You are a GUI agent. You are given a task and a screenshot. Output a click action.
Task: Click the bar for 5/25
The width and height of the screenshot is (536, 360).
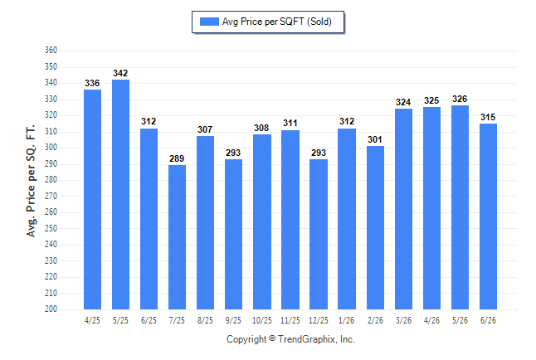(120, 195)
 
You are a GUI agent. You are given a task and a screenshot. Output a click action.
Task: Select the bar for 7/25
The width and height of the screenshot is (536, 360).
(177, 237)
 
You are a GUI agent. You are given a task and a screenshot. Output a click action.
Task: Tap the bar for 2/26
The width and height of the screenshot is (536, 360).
(375, 227)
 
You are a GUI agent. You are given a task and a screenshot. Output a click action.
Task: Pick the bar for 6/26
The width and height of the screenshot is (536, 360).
(488, 216)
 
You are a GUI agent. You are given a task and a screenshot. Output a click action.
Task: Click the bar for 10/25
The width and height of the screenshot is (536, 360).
(262, 221)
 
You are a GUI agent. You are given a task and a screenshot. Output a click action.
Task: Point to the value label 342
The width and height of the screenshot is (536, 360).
(120, 73)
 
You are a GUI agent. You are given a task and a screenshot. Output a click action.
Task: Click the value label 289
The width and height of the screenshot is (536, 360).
(177, 158)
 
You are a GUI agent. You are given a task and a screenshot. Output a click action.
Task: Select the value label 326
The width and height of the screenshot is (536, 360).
(460, 100)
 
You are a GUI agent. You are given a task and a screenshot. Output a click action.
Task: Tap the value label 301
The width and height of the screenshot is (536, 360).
(375, 139)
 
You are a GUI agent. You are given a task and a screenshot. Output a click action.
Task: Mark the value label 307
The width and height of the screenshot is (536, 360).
(205, 129)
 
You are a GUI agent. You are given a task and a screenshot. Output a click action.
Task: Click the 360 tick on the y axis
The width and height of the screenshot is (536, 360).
(51, 51)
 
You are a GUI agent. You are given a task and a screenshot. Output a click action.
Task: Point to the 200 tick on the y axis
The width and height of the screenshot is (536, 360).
(51, 309)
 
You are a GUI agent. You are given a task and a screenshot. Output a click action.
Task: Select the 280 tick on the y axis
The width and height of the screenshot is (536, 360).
(51, 179)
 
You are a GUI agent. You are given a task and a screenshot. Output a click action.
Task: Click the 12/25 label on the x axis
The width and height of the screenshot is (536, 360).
(319, 320)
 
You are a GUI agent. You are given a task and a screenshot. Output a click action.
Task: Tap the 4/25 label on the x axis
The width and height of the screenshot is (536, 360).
(92, 320)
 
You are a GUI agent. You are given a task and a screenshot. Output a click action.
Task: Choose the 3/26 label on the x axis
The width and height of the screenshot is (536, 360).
(403, 320)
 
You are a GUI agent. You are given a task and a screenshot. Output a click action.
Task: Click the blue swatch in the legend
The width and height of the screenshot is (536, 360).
(209, 22)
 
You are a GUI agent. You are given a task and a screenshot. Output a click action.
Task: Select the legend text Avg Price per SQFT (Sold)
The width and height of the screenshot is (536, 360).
(277, 22)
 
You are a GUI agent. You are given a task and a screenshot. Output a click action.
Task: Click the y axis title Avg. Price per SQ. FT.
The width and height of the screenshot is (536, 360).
(31, 181)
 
